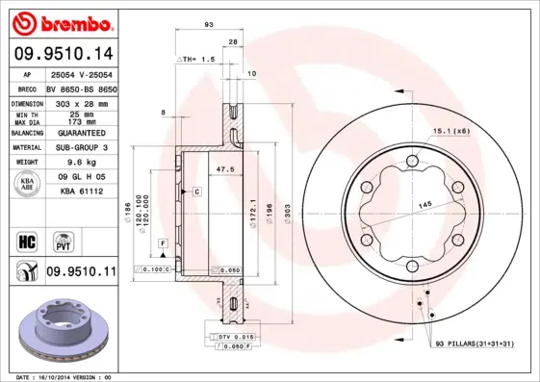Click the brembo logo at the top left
[60, 21]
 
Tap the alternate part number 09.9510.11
[81, 272]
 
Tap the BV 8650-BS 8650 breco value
[81, 88]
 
